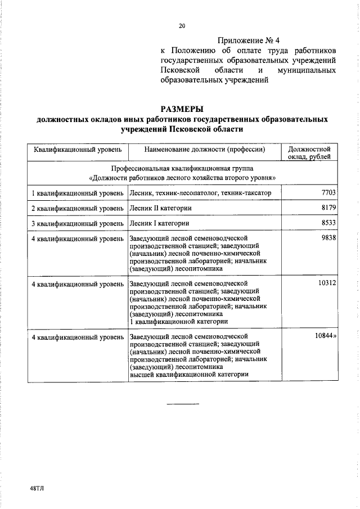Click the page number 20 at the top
click(x=182, y=25)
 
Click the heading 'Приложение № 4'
click(x=247, y=40)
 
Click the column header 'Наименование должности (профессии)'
click(x=204, y=150)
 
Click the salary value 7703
click(x=328, y=193)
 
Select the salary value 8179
click(x=328, y=208)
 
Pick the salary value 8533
click(x=328, y=223)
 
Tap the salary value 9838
click(x=328, y=238)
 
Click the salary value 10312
click(x=327, y=283)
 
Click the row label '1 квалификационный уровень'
click(x=78, y=193)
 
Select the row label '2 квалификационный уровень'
click(x=78, y=209)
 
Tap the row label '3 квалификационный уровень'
click(x=78, y=223)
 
